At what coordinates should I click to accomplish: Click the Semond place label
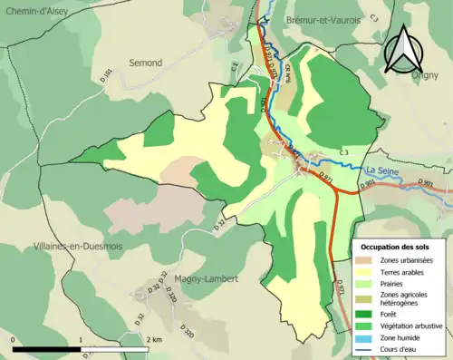point(146,63)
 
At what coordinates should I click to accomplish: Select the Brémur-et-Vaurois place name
point(318,19)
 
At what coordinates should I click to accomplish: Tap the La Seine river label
point(383,170)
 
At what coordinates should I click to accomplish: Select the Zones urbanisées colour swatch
point(365,260)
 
